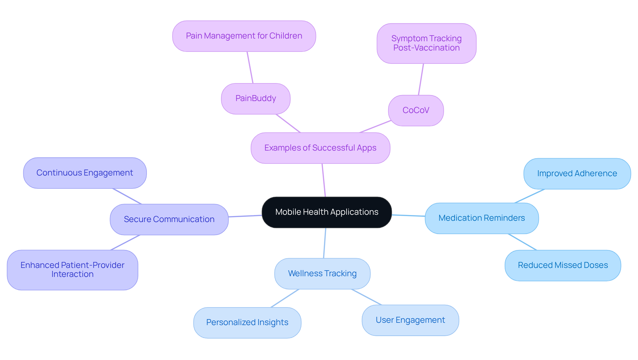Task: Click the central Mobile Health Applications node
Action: click(x=327, y=212)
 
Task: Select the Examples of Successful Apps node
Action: click(x=320, y=148)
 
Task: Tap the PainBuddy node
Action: click(x=256, y=98)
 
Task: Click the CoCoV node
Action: click(x=416, y=110)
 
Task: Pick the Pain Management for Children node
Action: click(x=244, y=36)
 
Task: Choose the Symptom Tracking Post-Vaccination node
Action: click(x=426, y=43)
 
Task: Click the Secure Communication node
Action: click(x=169, y=219)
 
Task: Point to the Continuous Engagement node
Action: click(x=85, y=173)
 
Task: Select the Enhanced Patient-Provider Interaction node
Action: click(x=72, y=270)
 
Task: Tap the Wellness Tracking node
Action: click(x=322, y=274)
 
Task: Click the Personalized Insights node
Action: click(x=247, y=322)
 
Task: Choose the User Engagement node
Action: click(x=410, y=320)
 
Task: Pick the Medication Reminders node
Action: click(x=481, y=218)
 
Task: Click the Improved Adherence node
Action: click(x=577, y=174)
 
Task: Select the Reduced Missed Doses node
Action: click(x=563, y=265)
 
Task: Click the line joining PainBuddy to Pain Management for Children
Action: click(x=250, y=67)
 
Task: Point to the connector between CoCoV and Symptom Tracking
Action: click(x=421, y=79)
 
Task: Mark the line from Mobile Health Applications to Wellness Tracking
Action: click(x=325, y=243)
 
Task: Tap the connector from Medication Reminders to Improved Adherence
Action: click(x=529, y=196)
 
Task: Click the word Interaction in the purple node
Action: click(x=72, y=274)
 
